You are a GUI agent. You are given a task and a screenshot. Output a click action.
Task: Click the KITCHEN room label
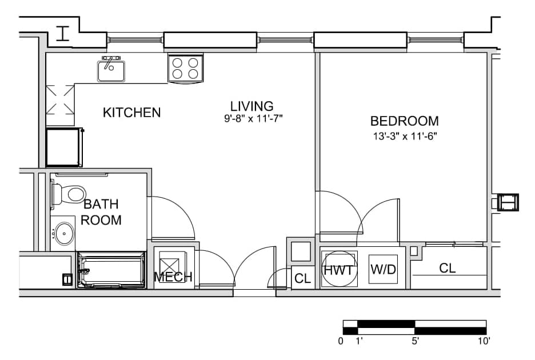pos(131,112)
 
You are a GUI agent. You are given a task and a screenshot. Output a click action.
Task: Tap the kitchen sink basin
pos(111,71)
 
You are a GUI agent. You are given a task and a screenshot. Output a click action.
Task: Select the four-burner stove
pos(185,68)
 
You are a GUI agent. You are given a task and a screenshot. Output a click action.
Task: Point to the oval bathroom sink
pos(64,233)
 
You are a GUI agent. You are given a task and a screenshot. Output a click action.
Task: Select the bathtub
pos(111,270)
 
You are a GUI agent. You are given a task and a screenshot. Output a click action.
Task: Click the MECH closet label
pos(173,277)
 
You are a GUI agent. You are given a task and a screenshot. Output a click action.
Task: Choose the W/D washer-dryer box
pos(383,269)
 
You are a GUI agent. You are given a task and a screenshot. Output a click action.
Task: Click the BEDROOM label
pos(404,121)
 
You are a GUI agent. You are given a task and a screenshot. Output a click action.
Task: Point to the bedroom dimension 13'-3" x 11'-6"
pos(405,137)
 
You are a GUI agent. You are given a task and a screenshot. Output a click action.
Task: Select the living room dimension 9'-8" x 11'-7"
pos(253,119)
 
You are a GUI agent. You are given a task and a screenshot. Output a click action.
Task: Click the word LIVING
pos(252,106)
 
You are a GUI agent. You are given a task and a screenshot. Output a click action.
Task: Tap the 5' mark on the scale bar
pos(415,341)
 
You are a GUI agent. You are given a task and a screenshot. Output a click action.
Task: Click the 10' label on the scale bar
pos(484,341)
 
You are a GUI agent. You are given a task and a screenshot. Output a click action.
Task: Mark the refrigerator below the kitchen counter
pos(64,147)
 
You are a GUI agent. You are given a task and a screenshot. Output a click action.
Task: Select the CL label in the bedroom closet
pos(448,268)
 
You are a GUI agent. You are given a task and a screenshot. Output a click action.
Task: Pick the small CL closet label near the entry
pos(302,278)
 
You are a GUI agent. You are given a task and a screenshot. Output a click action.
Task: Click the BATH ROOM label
pos(101,212)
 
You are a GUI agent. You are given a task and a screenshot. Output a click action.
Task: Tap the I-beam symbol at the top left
pos(63,34)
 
